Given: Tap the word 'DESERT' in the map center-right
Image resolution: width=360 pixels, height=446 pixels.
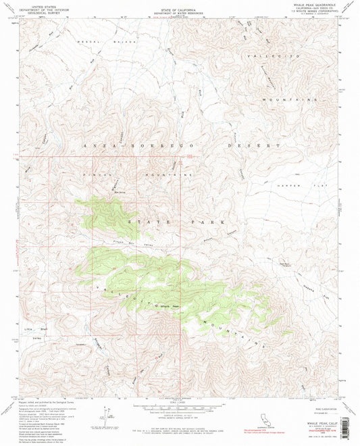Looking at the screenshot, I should click(257, 145).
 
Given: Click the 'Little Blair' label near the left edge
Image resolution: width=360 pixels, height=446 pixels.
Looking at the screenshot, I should click(33, 329).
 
